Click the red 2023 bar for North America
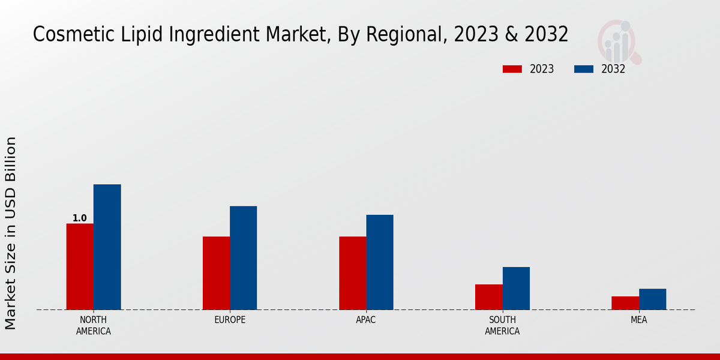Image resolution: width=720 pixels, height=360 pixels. pos(80,266)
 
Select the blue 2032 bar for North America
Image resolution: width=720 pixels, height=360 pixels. pos(107,247)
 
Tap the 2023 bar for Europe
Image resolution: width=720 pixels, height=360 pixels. pos(216,273)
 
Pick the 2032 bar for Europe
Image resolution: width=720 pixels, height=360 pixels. pos(243,258)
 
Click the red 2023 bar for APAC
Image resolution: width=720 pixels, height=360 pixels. pos(352,273)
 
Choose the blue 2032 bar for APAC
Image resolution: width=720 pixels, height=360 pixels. pos(380,262)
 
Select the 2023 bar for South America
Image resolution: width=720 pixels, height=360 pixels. pos(488,297)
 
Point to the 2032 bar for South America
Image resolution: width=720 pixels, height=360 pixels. pos(516,288)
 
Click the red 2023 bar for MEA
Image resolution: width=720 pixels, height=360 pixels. pos(625,303)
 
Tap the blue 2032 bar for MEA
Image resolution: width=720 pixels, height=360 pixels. pos(652,299)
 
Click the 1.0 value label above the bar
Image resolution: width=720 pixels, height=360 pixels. pos(80,218)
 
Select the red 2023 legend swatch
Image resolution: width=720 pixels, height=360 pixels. pos(512,69)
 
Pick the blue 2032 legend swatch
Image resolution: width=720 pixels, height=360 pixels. pos(583,69)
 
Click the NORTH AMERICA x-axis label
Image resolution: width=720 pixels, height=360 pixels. pos(94,325)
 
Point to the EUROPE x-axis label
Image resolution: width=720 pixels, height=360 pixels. pos(230,320)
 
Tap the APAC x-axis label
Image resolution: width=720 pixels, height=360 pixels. pos(366,320)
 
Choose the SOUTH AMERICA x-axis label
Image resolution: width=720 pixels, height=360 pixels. pos(502,325)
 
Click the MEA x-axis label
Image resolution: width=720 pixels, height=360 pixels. pos(638,320)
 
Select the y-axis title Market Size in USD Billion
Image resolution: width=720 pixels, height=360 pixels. pos(11,233)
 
